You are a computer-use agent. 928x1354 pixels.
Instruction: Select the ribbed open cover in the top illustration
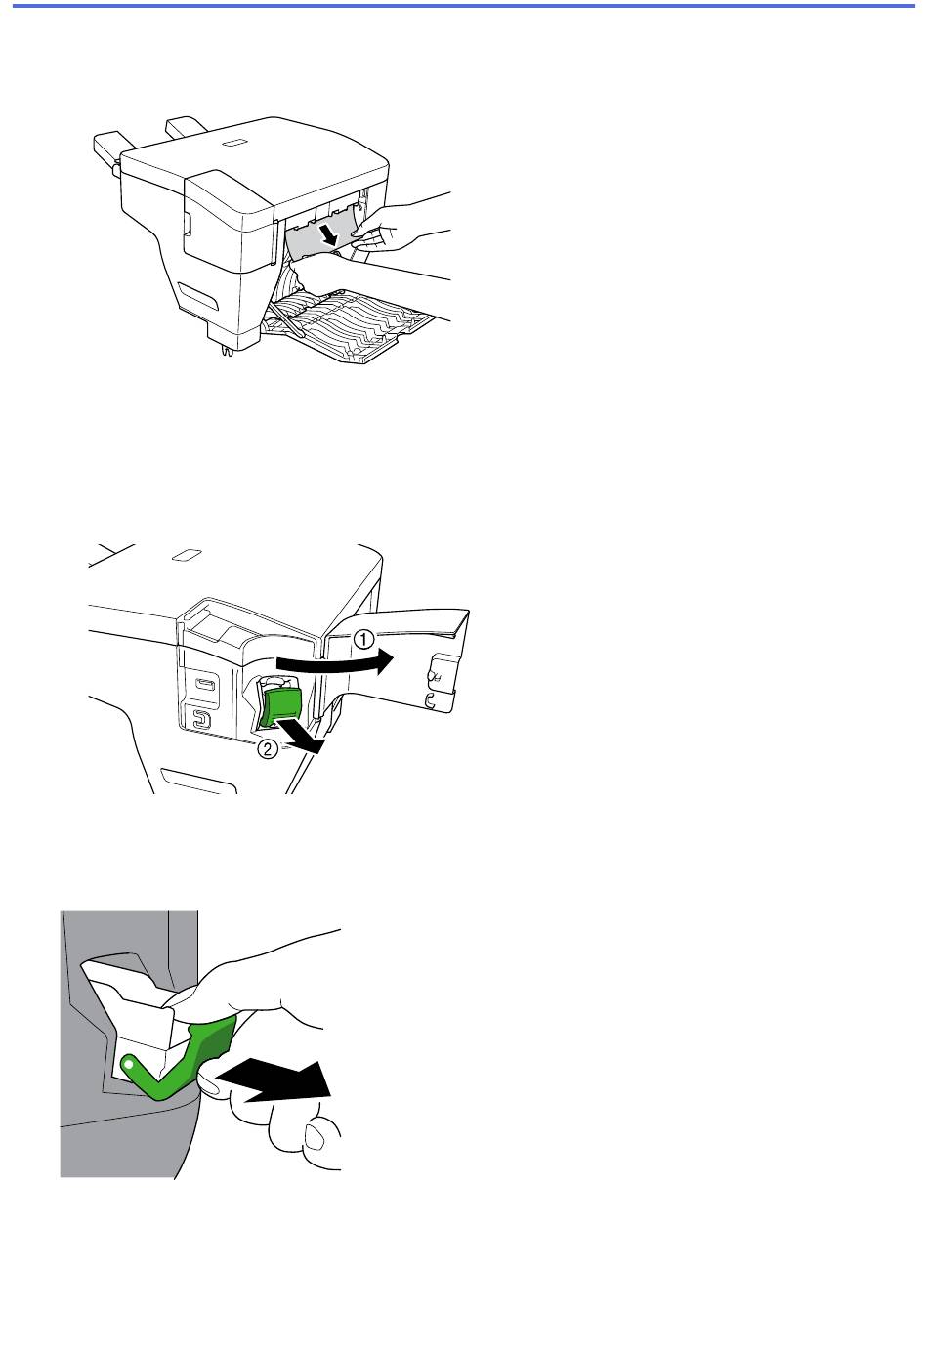(351, 323)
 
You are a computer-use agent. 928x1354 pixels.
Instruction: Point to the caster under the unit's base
(228, 351)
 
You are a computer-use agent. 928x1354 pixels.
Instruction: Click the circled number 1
(364, 639)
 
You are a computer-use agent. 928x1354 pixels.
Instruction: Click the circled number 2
(268, 749)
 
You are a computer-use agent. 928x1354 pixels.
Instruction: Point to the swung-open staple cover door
(396, 662)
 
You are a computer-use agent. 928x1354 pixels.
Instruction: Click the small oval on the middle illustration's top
(187, 555)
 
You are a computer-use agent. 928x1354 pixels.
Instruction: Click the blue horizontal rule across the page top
(464, 6)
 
